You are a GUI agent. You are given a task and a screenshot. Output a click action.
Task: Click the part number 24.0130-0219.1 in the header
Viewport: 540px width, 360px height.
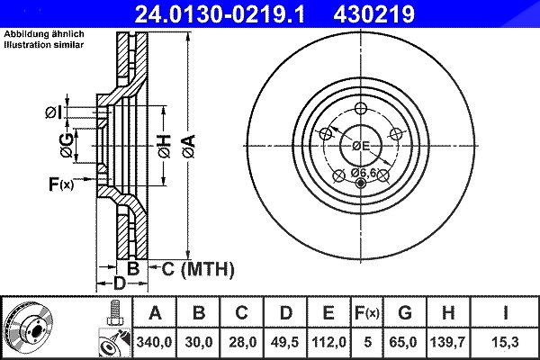[x=220, y=14]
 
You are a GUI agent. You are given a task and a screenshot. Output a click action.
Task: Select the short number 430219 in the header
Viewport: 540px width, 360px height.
[x=373, y=14]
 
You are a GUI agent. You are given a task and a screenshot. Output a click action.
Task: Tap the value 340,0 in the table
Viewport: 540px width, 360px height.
[x=154, y=342]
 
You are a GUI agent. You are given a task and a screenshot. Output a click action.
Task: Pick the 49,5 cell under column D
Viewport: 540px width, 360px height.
[x=284, y=342]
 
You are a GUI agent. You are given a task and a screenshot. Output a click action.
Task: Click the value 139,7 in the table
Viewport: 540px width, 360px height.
[x=447, y=342]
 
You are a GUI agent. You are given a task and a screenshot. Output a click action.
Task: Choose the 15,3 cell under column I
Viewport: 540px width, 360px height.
[x=505, y=342]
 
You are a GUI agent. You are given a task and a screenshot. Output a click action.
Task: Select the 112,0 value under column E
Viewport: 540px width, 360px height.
[x=328, y=342]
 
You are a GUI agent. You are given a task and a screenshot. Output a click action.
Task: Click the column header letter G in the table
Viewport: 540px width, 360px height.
[x=405, y=313]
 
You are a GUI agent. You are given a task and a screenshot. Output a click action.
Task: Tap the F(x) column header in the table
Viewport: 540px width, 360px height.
[x=367, y=313]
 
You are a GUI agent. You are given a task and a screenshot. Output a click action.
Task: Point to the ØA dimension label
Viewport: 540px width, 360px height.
[x=189, y=147]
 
